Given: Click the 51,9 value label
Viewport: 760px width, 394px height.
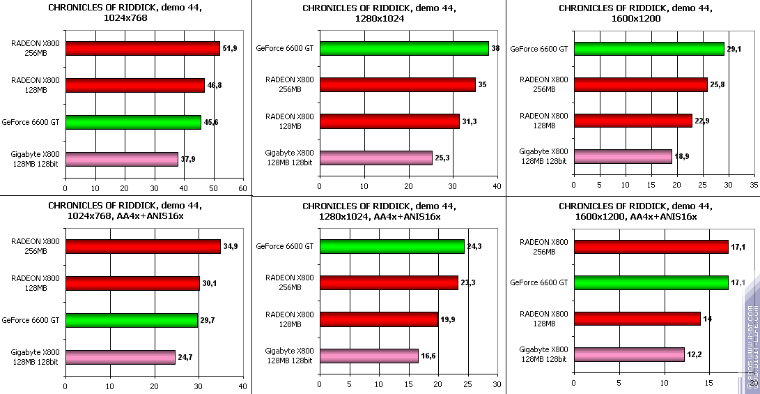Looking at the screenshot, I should point(231,48).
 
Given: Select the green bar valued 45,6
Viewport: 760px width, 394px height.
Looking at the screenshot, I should point(133,123).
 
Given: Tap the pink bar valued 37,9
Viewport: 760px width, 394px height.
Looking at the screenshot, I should point(122,159).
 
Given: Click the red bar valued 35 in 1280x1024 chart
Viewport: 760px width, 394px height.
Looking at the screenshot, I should point(397,85).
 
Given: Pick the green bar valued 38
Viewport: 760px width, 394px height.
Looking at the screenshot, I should point(404,49).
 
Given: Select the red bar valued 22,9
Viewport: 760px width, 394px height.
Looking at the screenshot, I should point(633,121).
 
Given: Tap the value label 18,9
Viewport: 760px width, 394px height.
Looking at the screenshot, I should point(683,158).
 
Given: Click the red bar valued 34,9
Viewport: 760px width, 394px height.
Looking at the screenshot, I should point(143,247).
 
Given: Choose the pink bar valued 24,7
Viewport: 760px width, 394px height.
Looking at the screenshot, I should point(120,357).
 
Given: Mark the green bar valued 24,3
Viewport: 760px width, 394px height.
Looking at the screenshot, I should point(391,246).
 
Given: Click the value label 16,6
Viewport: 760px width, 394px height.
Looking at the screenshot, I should point(428,356).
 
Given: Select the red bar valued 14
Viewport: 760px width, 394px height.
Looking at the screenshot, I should point(637,319).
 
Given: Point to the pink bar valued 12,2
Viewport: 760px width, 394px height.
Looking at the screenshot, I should point(629,355).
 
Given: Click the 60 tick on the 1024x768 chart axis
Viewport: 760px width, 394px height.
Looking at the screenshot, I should point(242,188).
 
